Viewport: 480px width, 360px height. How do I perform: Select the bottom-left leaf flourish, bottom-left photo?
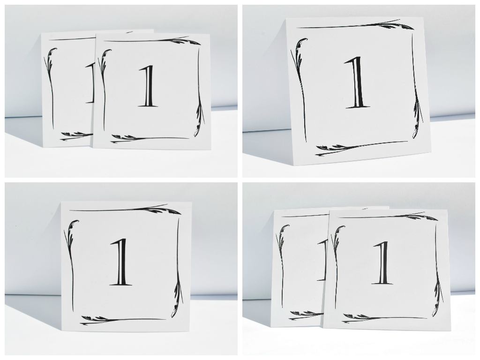pos(94,320)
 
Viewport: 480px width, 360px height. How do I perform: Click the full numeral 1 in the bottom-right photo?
pos(382,263)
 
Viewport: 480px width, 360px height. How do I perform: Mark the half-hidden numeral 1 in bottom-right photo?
pos(323,260)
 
